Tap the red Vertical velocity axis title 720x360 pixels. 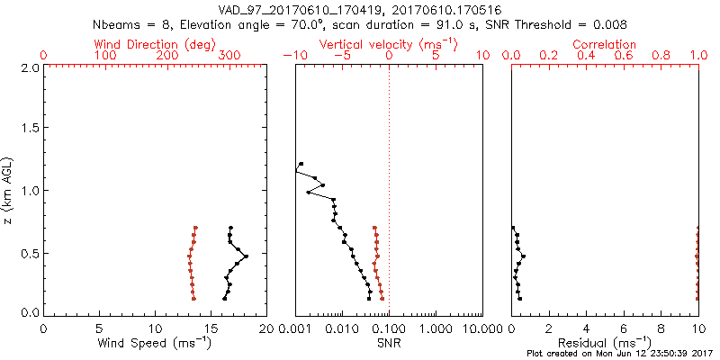pyautogui.click(x=388, y=44)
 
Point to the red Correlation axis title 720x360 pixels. pyautogui.click(x=605, y=44)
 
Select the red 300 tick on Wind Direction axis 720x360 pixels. pyautogui.click(x=229, y=56)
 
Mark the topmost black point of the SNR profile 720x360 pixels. pyautogui.click(x=301, y=164)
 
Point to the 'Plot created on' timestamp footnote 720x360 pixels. pyautogui.click(x=622, y=354)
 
